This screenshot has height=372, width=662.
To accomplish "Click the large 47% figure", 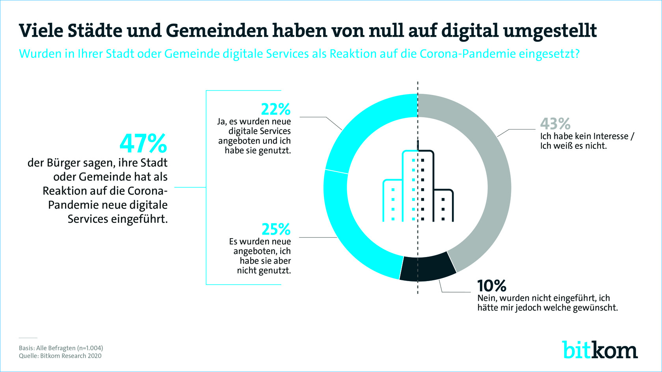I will click(143, 144).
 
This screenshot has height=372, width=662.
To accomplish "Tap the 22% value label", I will click(276, 109).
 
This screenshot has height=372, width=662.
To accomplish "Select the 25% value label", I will click(276, 229).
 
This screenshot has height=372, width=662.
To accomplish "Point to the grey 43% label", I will click(555, 124).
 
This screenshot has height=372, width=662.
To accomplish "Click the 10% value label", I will click(491, 285).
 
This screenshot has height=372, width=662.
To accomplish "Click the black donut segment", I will click(428, 268).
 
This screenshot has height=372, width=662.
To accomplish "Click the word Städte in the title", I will click(95, 30).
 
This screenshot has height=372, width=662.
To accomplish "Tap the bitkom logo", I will click(599, 350).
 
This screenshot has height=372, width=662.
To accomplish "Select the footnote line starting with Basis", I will click(61, 348).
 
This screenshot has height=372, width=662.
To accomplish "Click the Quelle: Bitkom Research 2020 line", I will click(60, 356).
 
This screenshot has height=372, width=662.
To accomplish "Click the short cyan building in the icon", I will click(392, 201).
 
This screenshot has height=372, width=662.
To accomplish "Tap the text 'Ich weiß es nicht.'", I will click(573, 146).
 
